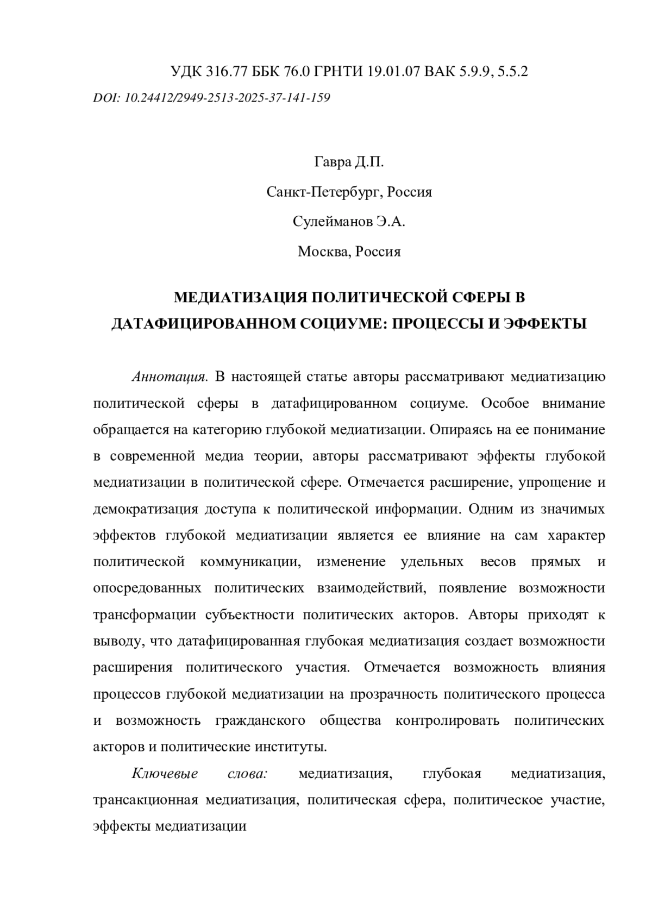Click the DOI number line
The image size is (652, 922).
point(212,98)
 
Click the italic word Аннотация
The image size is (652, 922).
point(171,377)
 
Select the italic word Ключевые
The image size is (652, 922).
point(165,774)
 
